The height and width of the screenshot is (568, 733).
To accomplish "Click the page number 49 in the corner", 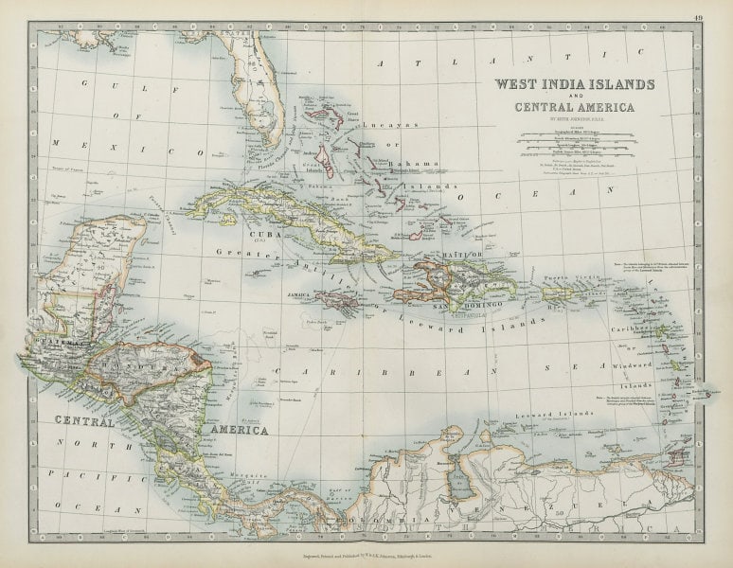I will [698, 14].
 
